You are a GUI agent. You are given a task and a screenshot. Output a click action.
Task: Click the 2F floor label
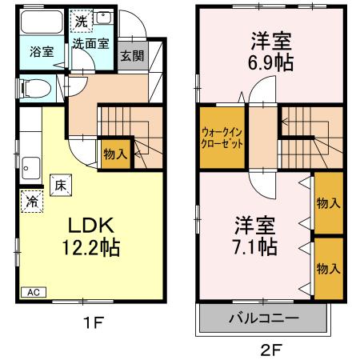[x=271, y=349]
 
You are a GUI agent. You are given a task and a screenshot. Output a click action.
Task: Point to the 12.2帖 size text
[x=90, y=249]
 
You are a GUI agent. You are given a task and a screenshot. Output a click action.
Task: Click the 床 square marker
[x=60, y=184]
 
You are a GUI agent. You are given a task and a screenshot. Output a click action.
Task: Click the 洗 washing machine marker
[x=81, y=21]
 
